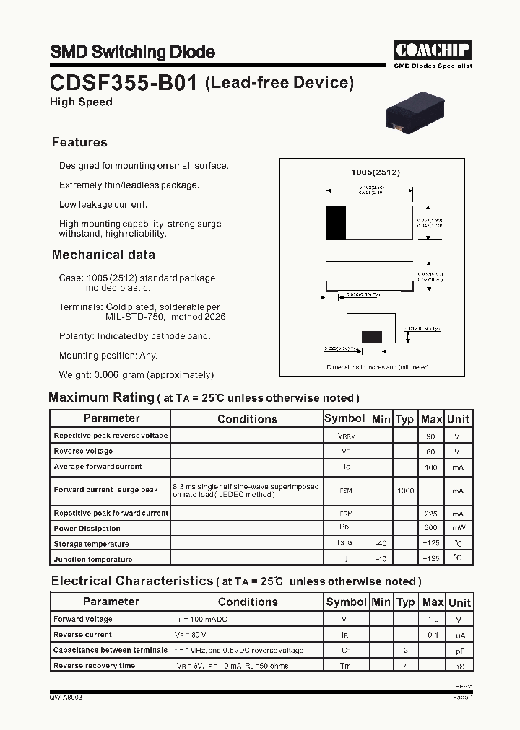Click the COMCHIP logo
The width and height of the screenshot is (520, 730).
click(433, 49)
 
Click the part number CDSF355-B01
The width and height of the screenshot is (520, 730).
click(123, 83)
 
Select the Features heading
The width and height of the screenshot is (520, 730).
click(79, 142)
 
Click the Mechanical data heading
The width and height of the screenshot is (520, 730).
click(103, 255)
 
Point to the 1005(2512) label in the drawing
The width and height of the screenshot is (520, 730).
click(375, 173)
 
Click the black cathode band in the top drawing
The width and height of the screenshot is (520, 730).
click(336, 223)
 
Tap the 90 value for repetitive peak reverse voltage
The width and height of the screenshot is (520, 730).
click(431, 436)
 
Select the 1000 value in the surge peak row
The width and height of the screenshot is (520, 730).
click(406, 491)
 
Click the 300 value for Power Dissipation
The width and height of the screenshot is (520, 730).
click(431, 529)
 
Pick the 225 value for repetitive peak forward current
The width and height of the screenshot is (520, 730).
click(431, 514)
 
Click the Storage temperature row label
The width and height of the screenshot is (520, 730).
click(91, 544)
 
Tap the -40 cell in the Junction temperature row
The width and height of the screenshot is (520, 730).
click(381, 559)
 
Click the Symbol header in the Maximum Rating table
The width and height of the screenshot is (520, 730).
click(344, 418)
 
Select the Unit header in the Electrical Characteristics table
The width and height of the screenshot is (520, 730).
click(459, 602)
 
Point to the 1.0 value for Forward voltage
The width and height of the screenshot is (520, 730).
click(433, 620)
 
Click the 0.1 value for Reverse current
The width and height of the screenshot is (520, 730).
click(433, 635)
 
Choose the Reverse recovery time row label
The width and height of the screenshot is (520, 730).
click(94, 666)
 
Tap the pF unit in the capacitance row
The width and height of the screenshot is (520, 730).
click(459, 651)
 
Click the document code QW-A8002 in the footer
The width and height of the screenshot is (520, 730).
click(66, 698)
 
